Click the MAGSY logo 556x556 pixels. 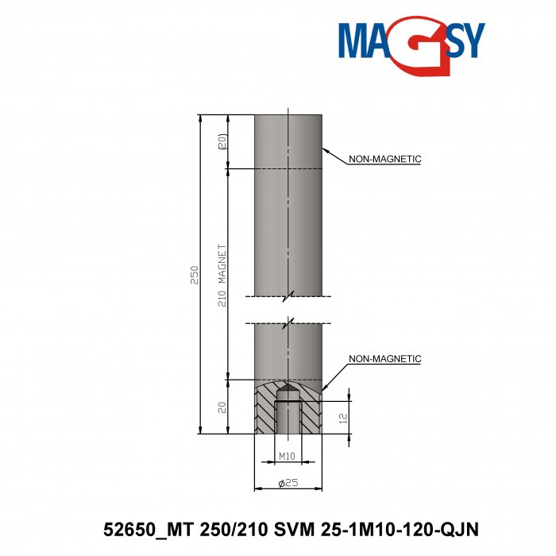click(x=410, y=44)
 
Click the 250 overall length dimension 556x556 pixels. click(x=195, y=274)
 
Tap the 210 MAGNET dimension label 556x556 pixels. click(x=223, y=274)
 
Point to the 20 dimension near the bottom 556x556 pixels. click(x=223, y=407)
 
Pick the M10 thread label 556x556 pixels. click(x=287, y=457)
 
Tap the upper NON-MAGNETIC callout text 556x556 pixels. click(x=384, y=159)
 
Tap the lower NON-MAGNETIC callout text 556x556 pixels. click(x=384, y=359)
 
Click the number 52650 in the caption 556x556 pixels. click(x=128, y=529)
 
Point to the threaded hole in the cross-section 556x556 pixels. click(x=287, y=417)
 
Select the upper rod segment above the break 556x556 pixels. click(x=288, y=207)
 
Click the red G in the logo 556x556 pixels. click(x=414, y=48)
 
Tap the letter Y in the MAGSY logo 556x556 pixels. click(x=468, y=39)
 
